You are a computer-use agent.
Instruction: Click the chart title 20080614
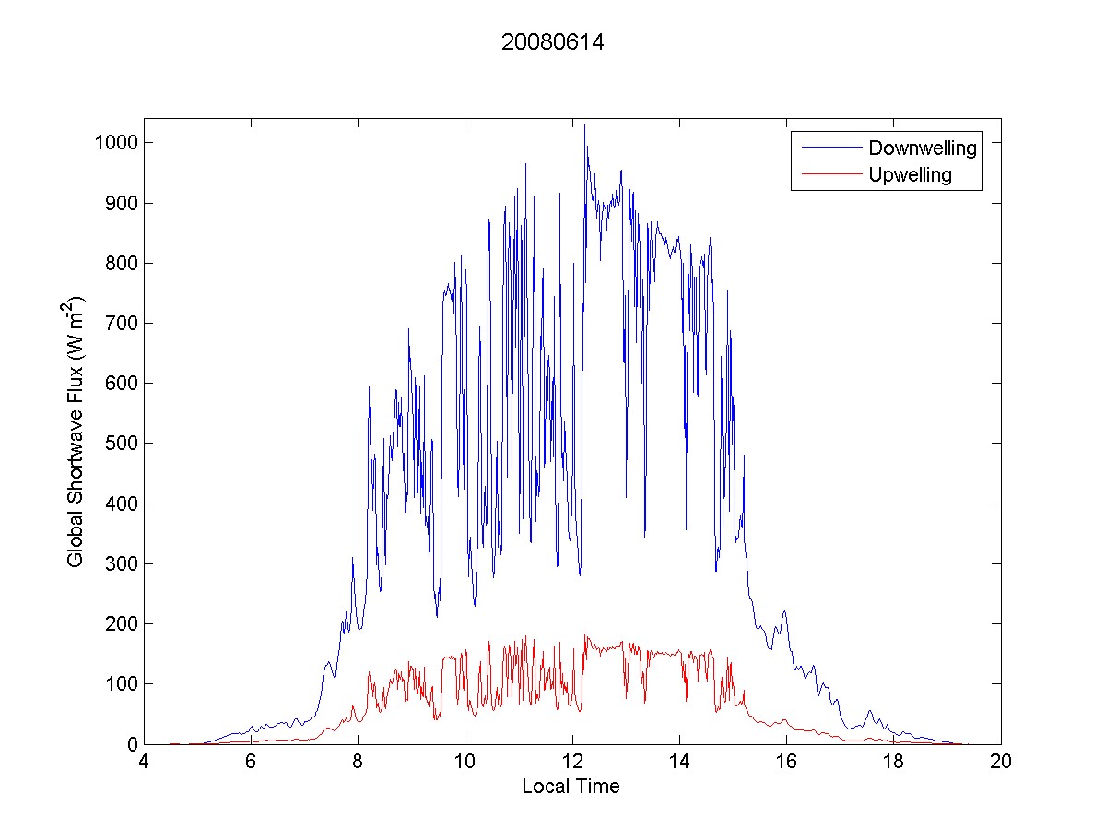tap(552, 42)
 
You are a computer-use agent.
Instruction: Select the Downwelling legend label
tap(922, 148)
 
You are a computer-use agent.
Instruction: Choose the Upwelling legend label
tap(910, 175)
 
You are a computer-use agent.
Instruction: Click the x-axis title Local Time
tap(571, 787)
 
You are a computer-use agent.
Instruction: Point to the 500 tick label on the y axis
tap(124, 444)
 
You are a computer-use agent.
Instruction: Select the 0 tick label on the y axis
tap(133, 744)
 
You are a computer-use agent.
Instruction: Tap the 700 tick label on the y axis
tap(124, 324)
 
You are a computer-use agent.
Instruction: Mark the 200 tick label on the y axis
tap(124, 624)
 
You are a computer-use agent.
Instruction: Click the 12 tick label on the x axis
tap(572, 763)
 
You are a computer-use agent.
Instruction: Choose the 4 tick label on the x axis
tap(144, 763)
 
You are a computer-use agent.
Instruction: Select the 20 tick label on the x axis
tap(1001, 763)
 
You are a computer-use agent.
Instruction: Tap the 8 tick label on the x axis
tap(358, 763)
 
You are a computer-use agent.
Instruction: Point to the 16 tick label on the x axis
tap(786, 763)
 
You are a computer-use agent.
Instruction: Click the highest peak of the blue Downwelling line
tap(584, 125)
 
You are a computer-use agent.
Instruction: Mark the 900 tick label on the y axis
tap(124, 203)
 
